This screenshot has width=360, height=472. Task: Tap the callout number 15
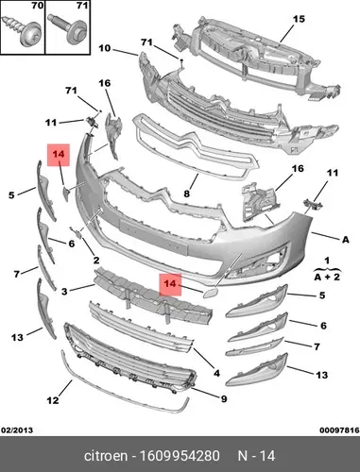point(299,19)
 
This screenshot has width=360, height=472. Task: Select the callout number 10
point(105,48)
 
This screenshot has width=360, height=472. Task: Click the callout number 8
point(187,194)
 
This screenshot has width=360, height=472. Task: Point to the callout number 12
point(53,400)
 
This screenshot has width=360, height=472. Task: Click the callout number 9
point(224,399)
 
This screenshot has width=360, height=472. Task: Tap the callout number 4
point(216,373)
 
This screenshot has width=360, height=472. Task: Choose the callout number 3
point(64,292)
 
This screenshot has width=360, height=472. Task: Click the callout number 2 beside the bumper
point(96,260)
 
